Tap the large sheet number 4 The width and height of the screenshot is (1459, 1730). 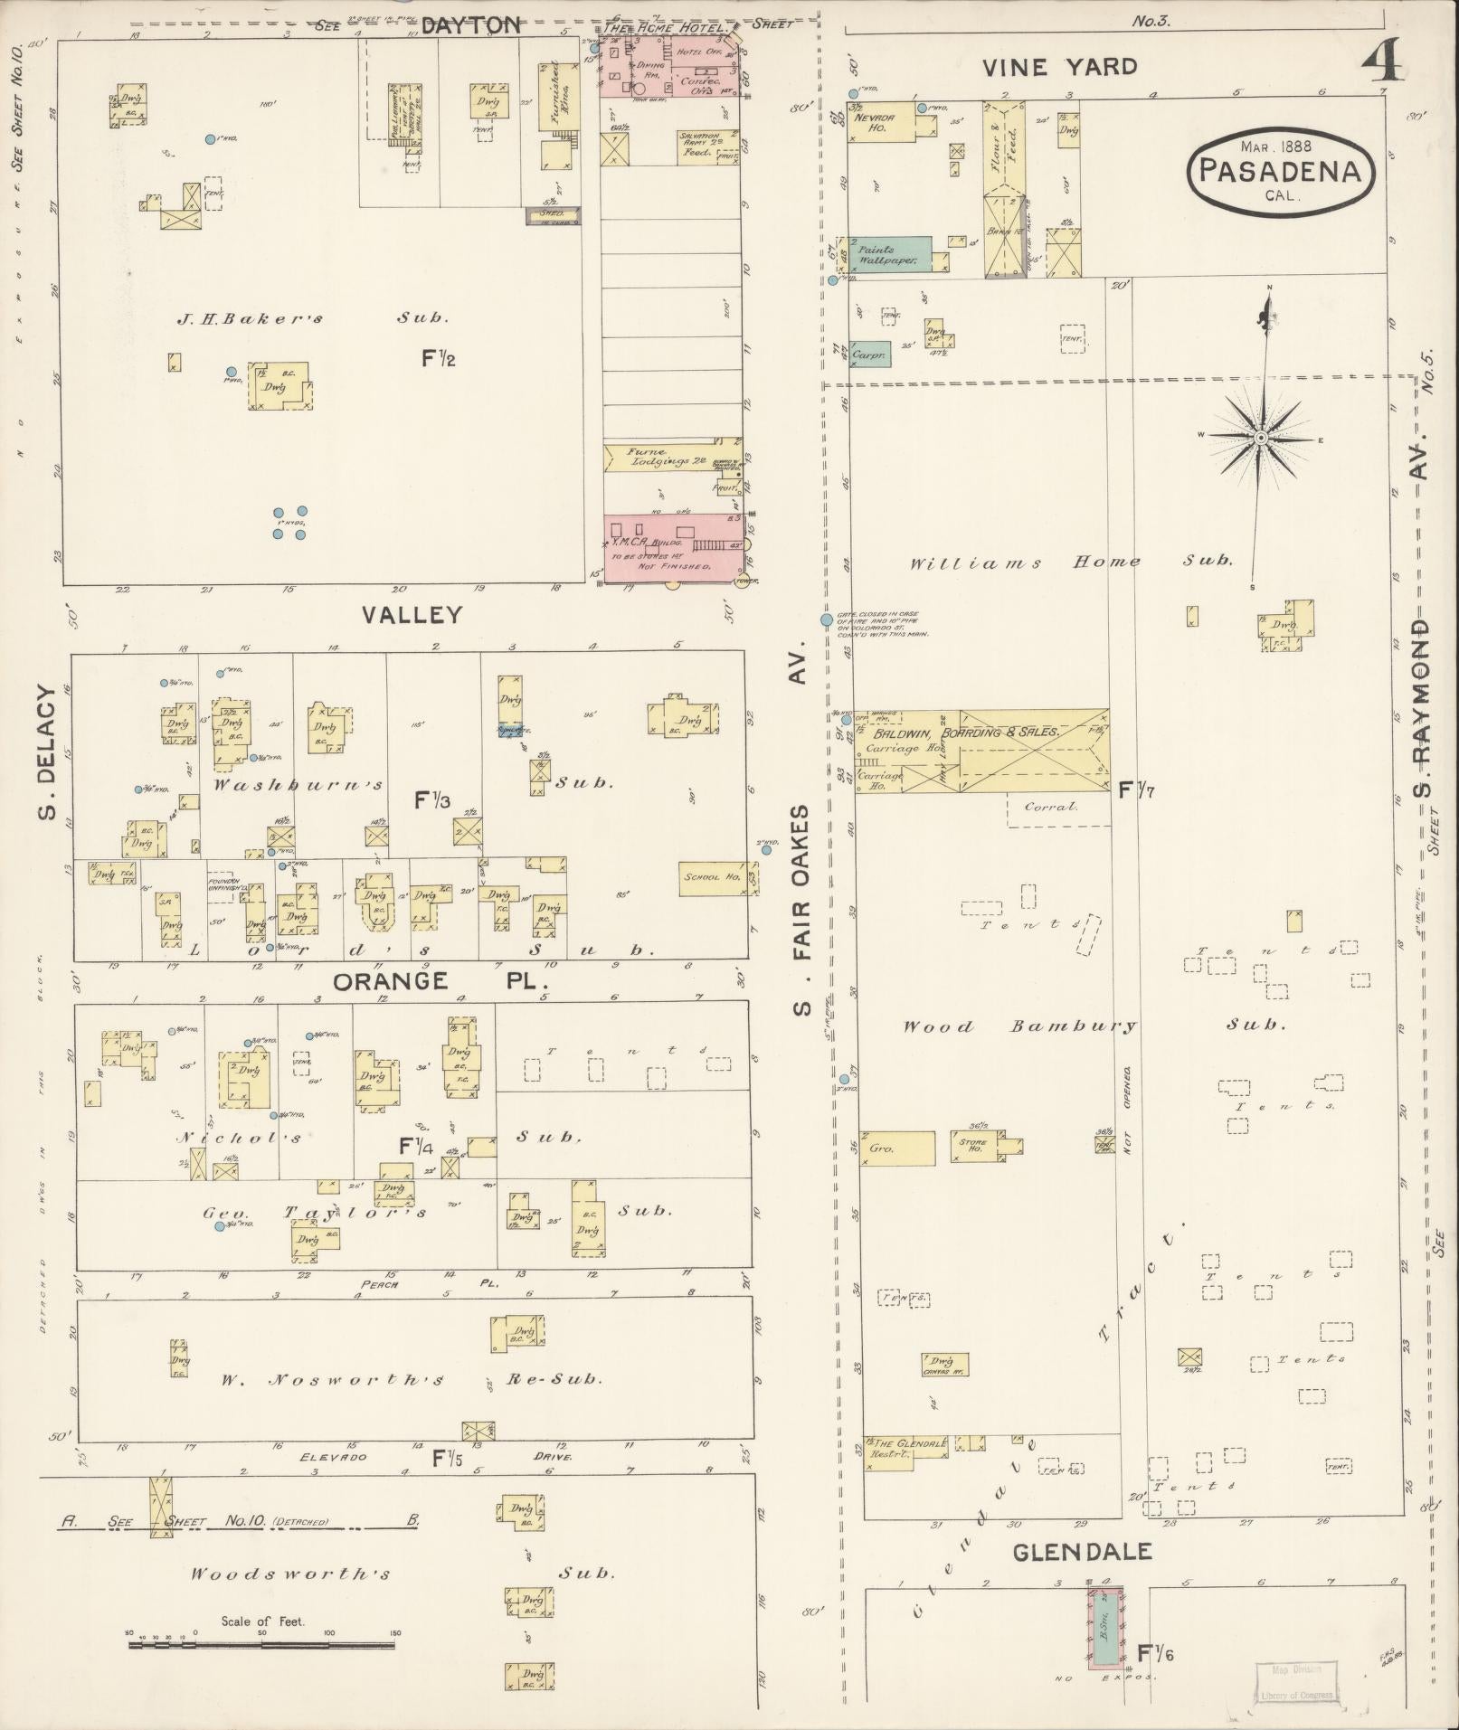(1381, 64)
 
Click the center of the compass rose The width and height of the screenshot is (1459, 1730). (1259, 438)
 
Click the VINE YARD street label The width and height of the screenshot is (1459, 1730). (1059, 67)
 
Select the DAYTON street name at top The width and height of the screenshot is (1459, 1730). (471, 26)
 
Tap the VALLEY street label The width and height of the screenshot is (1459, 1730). (412, 616)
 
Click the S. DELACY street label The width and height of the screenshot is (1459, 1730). (47, 753)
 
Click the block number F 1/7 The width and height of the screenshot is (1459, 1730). (1136, 790)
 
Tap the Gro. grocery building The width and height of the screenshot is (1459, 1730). (895, 1148)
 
